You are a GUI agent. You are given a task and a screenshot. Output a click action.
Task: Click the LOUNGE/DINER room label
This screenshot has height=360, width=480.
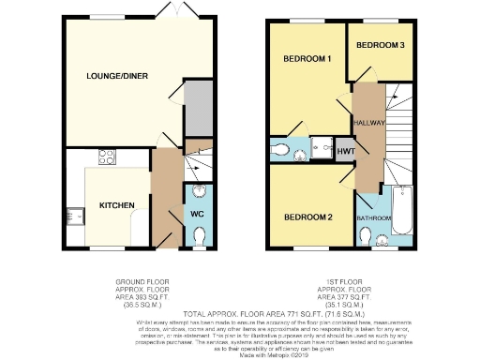click(x=118, y=76)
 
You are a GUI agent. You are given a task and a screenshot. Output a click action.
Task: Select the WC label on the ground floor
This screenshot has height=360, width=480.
click(x=198, y=214)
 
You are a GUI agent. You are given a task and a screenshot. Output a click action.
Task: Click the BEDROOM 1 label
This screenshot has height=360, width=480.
click(x=307, y=59)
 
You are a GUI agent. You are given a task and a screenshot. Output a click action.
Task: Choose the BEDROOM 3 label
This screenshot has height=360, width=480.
click(x=381, y=45)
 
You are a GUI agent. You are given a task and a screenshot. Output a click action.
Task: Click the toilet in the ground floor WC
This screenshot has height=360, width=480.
click(x=198, y=194)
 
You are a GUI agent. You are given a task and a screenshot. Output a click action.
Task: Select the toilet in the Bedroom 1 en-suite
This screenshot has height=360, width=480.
click(x=281, y=149)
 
